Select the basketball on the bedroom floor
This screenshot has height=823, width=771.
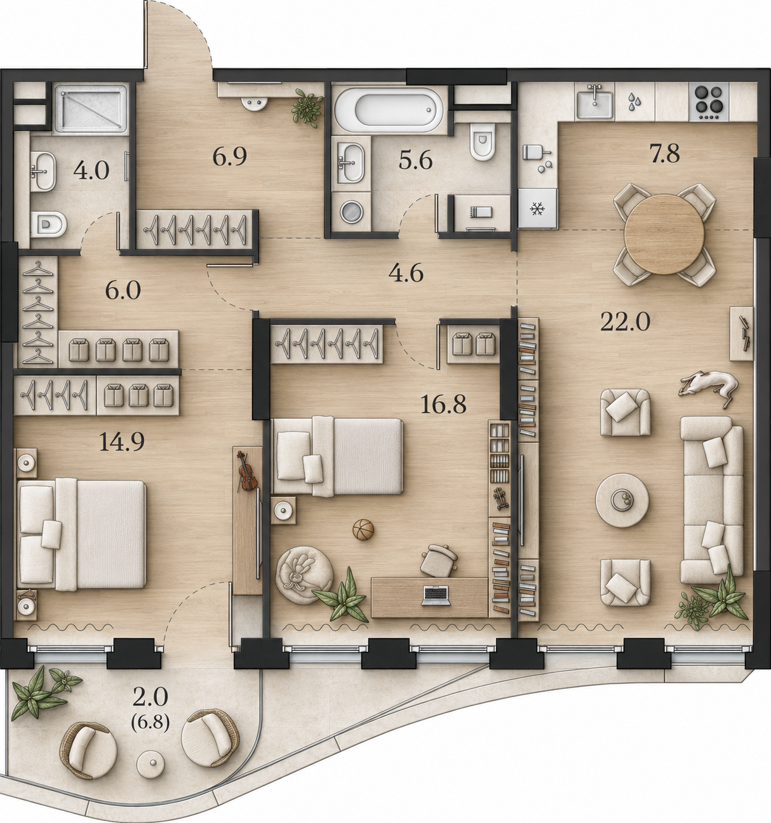(x=363, y=529)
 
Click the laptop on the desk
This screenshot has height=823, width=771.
(x=436, y=595)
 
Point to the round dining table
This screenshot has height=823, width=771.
(x=664, y=234)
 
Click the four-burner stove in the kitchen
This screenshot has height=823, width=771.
(x=709, y=102)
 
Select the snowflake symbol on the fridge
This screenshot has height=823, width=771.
(x=537, y=208)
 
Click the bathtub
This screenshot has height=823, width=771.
(x=389, y=109)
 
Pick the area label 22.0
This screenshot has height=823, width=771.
(x=625, y=322)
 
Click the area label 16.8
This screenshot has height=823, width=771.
(x=443, y=404)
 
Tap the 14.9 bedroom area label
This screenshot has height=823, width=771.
(x=122, y=442)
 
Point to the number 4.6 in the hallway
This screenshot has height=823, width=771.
(x=406, y=273)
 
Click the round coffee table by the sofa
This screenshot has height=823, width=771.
(x=622, y=500)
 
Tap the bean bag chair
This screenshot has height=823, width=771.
(x=304, y=575)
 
